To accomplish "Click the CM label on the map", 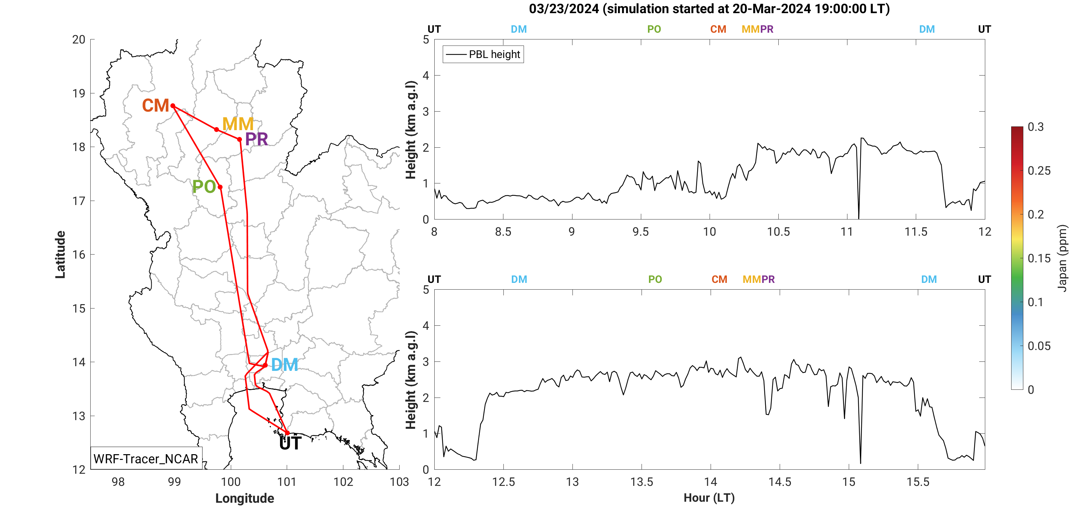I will click(155, 106).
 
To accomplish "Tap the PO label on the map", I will click(204, 187).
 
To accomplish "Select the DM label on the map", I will click(284, 365).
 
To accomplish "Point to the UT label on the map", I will click(290, 444).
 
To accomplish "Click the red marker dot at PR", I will click(240, 140).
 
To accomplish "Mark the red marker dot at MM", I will click(217, 130).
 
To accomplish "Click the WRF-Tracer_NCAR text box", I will click(146, 459).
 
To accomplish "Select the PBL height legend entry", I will click(483, 55).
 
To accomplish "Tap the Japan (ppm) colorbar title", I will click(1062, 258).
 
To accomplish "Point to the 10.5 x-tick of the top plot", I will click(778, 232).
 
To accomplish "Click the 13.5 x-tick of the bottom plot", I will click(641, 482).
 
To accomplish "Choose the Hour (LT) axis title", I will click(709, 498).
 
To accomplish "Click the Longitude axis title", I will click(245, 498).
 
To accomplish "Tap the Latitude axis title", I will click(60, 255).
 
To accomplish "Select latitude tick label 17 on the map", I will click(79, 201).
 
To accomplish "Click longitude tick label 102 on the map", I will click(343, 482).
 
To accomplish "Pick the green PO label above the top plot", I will click(654, 29).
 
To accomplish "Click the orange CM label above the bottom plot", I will click(719, 280).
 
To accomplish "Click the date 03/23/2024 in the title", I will click(563, 8).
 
